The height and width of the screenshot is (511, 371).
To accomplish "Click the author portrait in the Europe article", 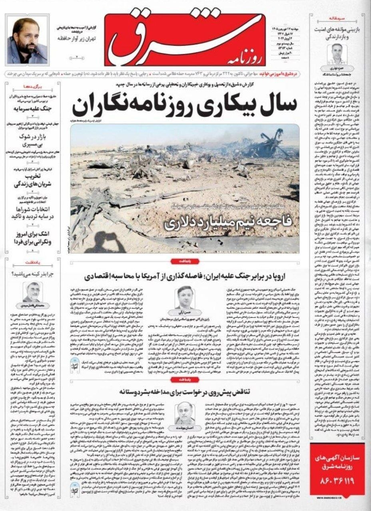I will [x=186, y=297].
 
